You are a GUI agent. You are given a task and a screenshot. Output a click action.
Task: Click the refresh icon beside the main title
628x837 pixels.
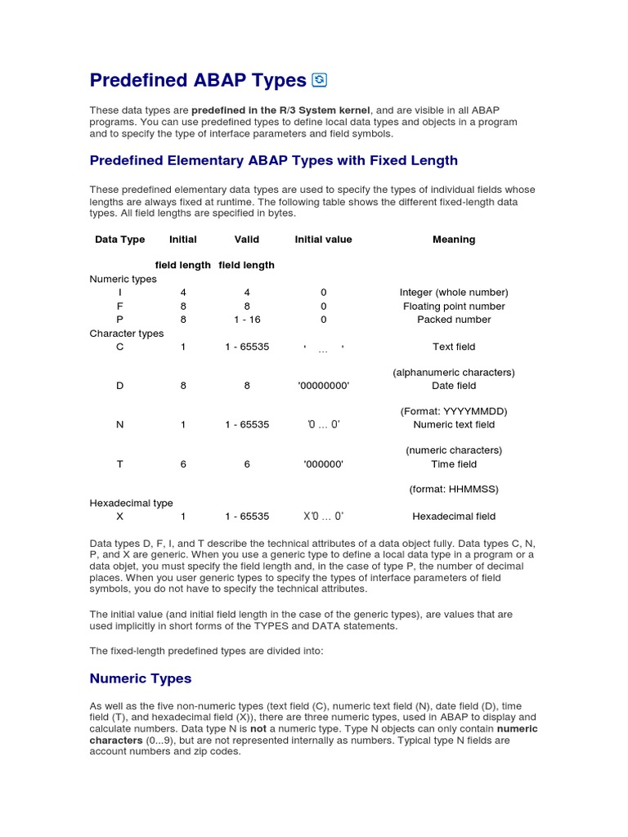pos(320,79)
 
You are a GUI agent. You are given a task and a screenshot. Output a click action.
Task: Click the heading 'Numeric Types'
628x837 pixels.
pos(140,678)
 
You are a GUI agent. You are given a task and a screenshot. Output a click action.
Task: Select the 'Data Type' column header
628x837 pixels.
pos(119,239)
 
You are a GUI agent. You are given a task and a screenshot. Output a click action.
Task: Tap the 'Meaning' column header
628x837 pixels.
pos(453,239)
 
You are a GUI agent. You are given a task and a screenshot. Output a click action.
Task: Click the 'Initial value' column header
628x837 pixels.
pos(323,239)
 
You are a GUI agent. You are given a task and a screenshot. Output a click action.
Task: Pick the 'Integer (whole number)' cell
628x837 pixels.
pos(453,293)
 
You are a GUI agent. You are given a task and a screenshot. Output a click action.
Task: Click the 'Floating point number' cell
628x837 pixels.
pos(453,307)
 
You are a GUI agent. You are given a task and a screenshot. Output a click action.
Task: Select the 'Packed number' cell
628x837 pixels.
pos(453,320)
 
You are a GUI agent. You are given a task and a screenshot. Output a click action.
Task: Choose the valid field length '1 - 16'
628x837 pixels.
pos(247,320)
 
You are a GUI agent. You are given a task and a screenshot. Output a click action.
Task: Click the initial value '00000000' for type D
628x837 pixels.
pos(323,386)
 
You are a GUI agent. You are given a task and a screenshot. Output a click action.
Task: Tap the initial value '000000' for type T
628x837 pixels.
pos(323,464)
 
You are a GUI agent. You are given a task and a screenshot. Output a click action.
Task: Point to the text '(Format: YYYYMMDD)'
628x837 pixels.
pos(453,411)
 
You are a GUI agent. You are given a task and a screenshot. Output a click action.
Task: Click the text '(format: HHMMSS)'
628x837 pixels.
pos(453,490)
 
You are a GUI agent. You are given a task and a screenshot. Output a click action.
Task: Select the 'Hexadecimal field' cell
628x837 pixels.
pos(453,517)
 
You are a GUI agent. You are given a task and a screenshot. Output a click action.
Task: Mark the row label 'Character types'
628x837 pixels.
pos(126,333)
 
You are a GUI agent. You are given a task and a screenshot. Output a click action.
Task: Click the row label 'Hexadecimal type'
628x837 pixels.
pos(131,504)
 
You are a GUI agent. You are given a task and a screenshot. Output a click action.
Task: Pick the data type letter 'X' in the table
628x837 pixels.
pos(120,517)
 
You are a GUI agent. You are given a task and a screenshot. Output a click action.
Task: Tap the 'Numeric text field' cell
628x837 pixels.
pos(453,425)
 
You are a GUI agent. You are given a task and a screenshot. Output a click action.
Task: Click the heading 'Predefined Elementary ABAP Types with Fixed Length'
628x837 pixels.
pos(273,160)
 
